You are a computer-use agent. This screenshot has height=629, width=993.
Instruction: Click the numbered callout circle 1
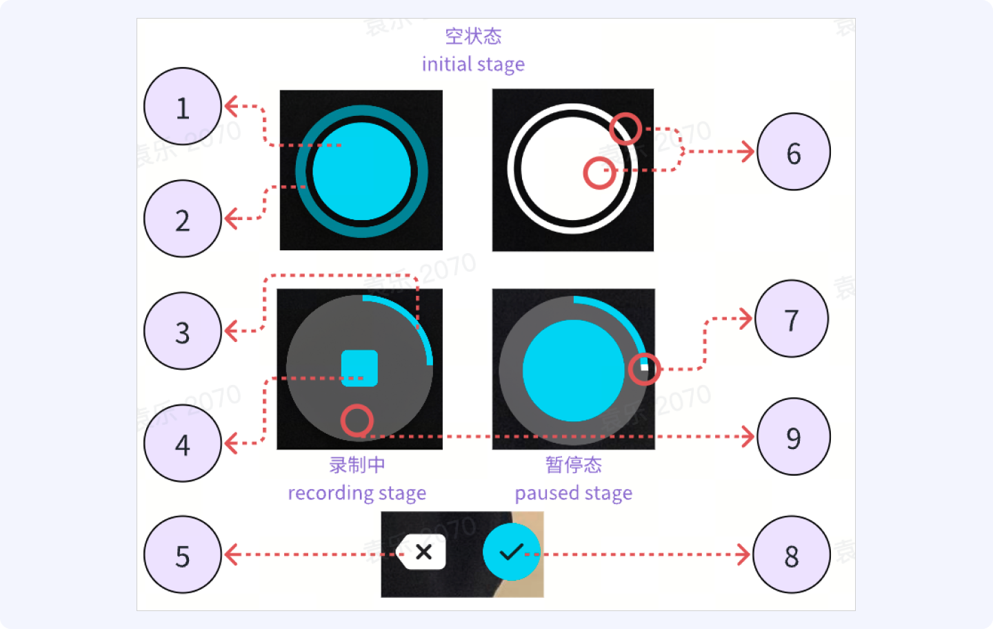pyautogui.click(x=183, y=107)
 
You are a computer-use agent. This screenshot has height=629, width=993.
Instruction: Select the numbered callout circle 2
pyautogui.click(x=183, y=219)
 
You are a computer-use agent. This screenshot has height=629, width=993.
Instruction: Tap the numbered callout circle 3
pyautogui.click(x=183, y=331)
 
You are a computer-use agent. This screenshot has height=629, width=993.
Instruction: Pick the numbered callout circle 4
pyautogui.click(x=183, y=443)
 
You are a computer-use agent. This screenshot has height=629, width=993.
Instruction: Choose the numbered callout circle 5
pyautogui.click(x=183, y=555)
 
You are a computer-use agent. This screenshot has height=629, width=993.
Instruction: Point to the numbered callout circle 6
pyautogui.click(x=794, y=152)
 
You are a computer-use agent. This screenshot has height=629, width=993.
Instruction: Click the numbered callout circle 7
pyautogui.click(x=792, y=319)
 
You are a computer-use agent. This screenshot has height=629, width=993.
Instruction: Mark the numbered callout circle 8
pyautogui.click(x=792, y=555)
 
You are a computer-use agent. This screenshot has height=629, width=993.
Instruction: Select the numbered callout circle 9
pyautogui.click(x=794, y=437)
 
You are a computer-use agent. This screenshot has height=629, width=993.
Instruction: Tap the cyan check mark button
pyautogui.click(x=511, y=552)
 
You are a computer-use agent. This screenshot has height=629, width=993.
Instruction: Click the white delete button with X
pyautogui.click(x=423, y=552)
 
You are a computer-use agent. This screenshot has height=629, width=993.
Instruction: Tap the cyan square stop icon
pyautogui.click(x=360, y=368)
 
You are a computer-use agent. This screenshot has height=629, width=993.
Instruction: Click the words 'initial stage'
pyautogui.click(x=473, y=64)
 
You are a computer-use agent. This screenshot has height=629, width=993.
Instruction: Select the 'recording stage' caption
pyautogui.click(x=357, y=493)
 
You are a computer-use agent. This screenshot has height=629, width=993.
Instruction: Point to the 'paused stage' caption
pyautogui.click(x=573, y=493)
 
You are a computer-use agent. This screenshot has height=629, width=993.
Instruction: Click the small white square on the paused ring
pyautogui.click(x=645, y=368)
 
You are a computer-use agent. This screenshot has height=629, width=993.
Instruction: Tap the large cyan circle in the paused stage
pyautogui.click(x=574, y=370)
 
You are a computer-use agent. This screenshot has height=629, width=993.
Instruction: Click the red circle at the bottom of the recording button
pyautogui.click(x=357, y=420)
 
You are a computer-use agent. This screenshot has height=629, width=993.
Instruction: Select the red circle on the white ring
pyautogui.click(x=626, y=128)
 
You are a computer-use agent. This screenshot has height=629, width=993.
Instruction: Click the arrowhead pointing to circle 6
pyautogui.click(x=748, y=151)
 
